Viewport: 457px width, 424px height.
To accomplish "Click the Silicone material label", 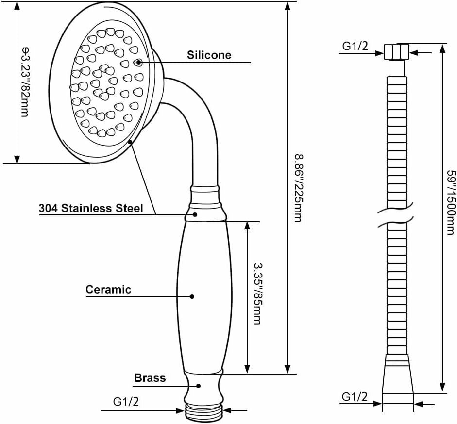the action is pyautogui.click(x=209, y=55).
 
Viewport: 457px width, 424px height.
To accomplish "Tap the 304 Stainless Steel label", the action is pyautogui.click(x=91, y=208).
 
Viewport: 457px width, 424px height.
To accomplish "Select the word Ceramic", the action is pyautogui.click(x=108, y=289).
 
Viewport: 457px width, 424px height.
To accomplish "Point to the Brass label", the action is pyautogui.click(x=150, y=378).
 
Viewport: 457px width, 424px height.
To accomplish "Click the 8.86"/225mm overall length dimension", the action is pyautogui.click(x=299, y=188).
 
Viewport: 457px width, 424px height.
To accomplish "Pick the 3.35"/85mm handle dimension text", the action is pyautogui.click(x=257, y=294).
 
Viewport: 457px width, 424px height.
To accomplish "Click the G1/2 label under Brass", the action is pyautogui.click(x=126, y=402).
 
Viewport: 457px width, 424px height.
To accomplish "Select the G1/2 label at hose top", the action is pyautogui.click(x=355, y=46).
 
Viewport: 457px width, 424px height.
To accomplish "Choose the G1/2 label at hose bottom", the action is pyautogui.click(x=355, y=397).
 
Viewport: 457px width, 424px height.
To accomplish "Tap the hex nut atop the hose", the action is pyautogui.click(x=397, y=51).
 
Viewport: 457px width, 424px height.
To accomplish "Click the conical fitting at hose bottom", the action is pyautogui.click(x=398, y=374).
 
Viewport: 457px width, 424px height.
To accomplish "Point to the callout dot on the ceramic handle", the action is pyautogui.click(x=192, y=296).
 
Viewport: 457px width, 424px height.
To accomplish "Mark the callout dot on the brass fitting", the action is pyautogui.click(x=199, y=386).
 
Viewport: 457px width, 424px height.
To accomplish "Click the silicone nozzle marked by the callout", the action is pyautogui.click(x=138, y=62).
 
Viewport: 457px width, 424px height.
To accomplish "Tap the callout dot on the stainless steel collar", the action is pyautogui.click(x=195, y=214).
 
